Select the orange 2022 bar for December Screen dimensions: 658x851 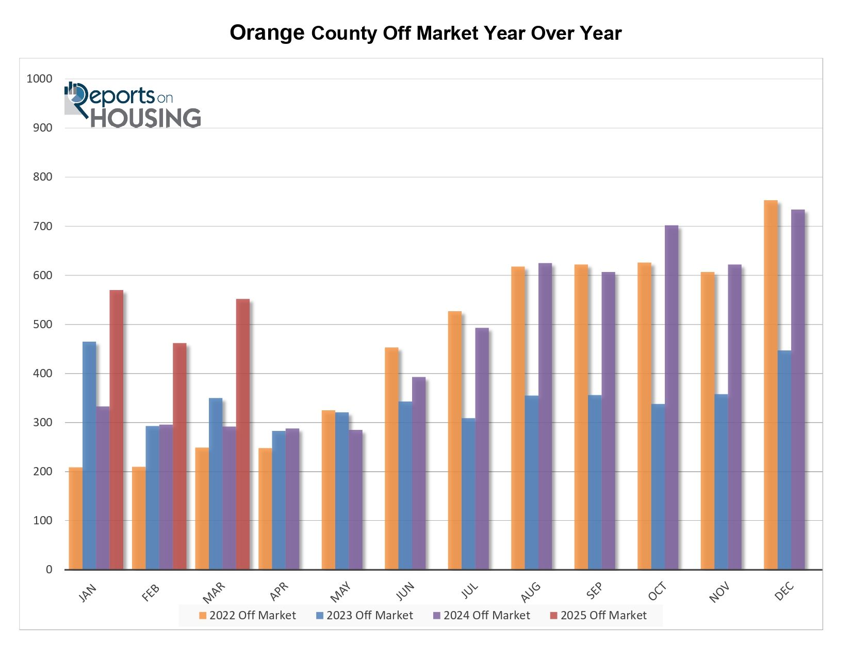[x=771, y=385]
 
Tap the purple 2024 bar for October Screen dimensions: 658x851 [x=672, y=397]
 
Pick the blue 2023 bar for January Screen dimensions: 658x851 [x=89, y=456]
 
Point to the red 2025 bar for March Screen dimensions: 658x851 [x=242, y=434]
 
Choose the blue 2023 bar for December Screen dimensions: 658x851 [x=784, y=460]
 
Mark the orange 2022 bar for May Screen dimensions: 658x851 [x=328, y=490]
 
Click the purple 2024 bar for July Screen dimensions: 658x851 [x=482, y=448]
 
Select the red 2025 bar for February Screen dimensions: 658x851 [x=179, y=456]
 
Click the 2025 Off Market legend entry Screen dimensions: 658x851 [x=598, y=615]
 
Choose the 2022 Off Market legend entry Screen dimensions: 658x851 [x=248, y=615]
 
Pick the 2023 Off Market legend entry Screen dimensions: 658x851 [x=365, y=615]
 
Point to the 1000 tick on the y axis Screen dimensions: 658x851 [x=40, y=78]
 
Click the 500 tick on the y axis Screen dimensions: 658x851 [x=43, y=324]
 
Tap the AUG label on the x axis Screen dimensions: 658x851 [x=531, y=592]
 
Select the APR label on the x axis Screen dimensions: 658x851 [x=279, y=591]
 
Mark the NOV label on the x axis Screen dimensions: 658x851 [x=719, y=592]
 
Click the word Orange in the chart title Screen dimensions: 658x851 [x=267, y=33]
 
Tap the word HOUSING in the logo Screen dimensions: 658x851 [x=146, y=118]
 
